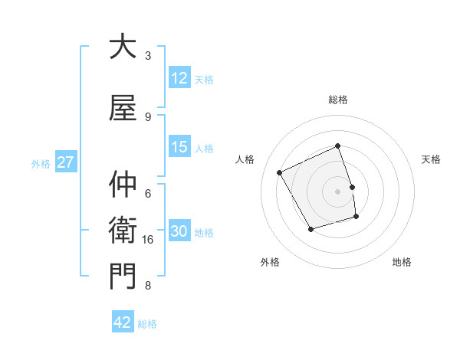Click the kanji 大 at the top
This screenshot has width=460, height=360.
(x=123, y=47)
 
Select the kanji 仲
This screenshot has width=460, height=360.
(x=123, y=185)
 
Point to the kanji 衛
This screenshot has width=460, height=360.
(x=123, y=230)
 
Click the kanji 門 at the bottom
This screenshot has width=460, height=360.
(x=123, y=276)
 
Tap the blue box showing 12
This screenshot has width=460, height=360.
(x=179, y=79)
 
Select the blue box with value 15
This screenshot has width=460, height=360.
(x=179, y=148)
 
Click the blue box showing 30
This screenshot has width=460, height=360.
(x=179, y=232)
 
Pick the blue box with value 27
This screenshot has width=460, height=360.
(x=65, y=163)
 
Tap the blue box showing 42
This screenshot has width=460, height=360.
(x=123, y=322)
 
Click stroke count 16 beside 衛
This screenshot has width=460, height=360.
(x=148, y=240)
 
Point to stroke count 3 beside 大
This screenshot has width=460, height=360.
(x=148, y=55)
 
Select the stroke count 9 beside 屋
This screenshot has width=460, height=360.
(x=148, y=116)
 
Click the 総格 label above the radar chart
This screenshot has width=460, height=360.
(x=338, y=100)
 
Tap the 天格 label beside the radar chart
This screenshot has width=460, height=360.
(x=431, y=159)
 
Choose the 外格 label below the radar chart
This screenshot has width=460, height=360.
(x=270, y=262)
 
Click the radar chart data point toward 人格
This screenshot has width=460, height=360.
(x=280, y=172)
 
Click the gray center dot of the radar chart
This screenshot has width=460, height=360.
(x=338, y=191)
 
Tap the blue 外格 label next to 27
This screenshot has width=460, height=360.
(x=41, y=163)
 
